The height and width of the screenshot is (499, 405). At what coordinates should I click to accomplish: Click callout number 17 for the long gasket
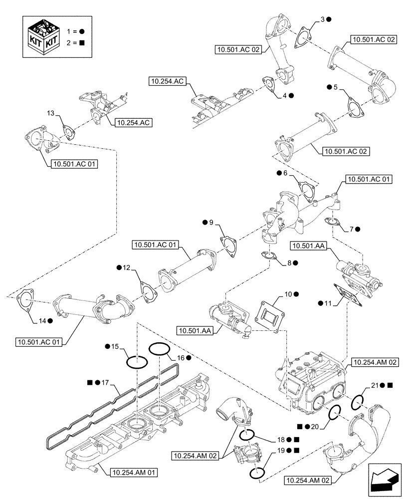pos(105,383)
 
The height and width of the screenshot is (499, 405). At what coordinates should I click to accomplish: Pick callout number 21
pos(375,385)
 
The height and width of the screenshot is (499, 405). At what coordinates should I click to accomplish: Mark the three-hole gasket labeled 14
pos(24,299)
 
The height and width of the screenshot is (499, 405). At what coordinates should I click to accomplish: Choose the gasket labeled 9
pos(229,247)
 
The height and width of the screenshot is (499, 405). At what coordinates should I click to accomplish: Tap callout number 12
pos(126,268)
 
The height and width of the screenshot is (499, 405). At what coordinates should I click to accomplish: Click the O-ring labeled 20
pos(334,412)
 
